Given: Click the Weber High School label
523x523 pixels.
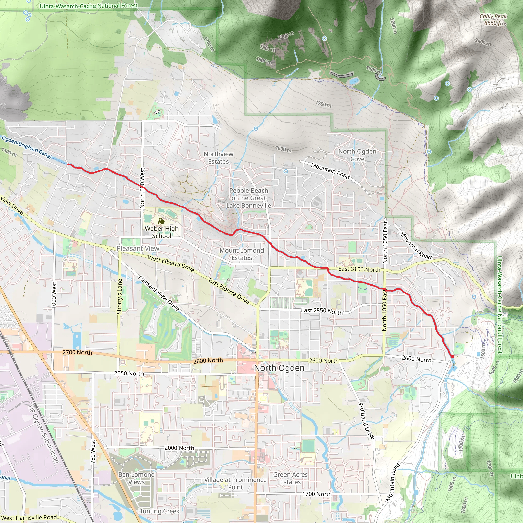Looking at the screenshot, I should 161,232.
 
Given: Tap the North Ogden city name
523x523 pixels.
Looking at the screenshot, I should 279,368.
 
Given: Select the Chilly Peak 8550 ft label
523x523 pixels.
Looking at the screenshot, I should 493,19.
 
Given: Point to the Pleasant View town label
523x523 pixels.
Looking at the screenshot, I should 138,248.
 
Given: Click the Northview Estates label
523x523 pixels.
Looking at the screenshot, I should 218,158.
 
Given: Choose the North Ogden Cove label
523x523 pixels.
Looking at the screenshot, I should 357,155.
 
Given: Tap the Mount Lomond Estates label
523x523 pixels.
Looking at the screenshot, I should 242,254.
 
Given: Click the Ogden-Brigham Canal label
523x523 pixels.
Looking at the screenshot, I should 27,147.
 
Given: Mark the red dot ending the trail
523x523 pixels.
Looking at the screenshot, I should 452,356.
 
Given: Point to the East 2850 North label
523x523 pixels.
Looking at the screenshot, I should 322,311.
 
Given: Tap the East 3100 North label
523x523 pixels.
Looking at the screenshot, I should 359,269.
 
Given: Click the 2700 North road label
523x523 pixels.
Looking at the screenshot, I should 77,352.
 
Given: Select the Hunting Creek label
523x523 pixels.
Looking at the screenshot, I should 159,511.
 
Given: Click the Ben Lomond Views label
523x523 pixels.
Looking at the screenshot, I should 136,478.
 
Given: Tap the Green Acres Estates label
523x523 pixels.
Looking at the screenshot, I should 290,478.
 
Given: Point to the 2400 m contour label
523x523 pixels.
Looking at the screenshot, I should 483,42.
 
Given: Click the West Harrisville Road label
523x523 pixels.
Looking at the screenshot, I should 29,518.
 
